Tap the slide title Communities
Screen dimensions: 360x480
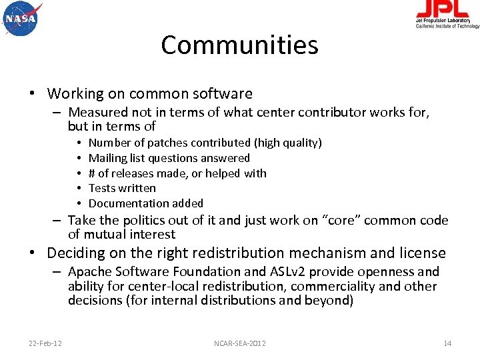(x=239, y=45)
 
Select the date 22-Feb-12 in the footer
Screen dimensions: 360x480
(x=45, y=343)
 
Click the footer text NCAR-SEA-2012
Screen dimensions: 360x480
(x=240, y=343)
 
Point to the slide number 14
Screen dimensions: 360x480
(x=447, y=343)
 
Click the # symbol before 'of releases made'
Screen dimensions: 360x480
(x=92, y=173)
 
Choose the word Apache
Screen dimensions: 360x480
(x=89, y=271)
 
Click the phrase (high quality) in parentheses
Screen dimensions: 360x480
(x=288, y=143)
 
